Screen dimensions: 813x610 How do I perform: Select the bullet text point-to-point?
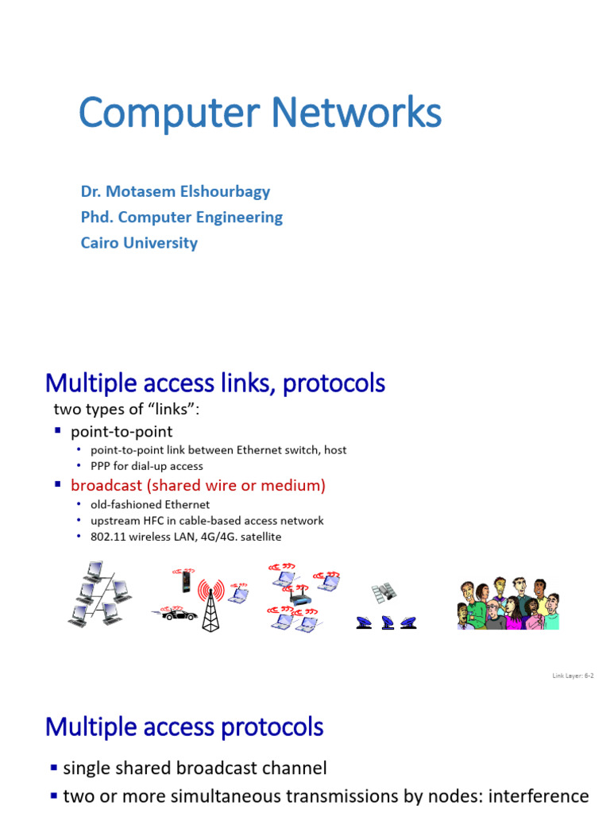click(122, 432)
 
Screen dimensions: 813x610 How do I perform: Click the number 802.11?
click(106, 537)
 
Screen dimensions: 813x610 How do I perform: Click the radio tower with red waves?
click(211, 603)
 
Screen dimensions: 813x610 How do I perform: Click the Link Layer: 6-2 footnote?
click(573, 676)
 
